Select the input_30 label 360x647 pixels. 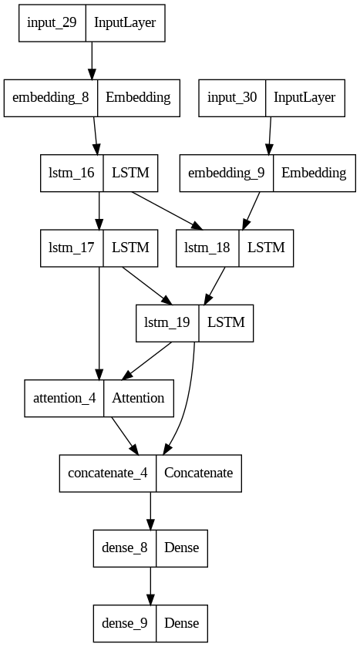point(235,97)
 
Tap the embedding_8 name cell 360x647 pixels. point(51,97)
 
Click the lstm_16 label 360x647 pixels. point(70,172)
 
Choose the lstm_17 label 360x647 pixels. point(70,248)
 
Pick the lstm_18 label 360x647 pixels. point(207,248)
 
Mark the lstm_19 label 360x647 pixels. point(167,322)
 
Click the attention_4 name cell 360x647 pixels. point(64,398)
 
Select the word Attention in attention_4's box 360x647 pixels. point(138,398)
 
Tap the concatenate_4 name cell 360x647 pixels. point(108,473)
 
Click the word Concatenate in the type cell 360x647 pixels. point(199,473)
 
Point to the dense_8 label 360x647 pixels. point(123,548)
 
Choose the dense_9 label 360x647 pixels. point(123,623)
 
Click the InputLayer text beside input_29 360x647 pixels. point(125,22)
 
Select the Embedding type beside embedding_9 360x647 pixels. point(313,172)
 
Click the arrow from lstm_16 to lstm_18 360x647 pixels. point(165,210)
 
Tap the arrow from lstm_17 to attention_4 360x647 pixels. point(99,324)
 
